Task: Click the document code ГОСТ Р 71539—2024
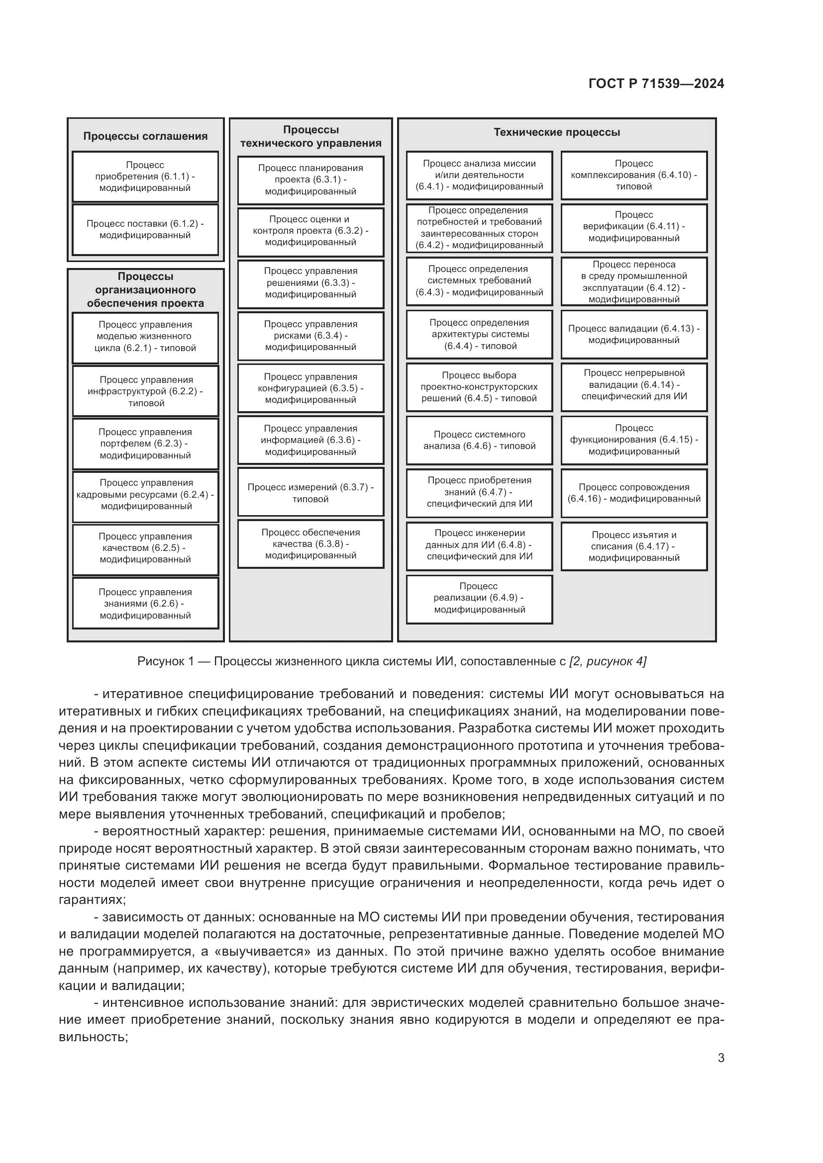coord(656,84)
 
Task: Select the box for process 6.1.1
coord(145,177)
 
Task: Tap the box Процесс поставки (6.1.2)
coord(145,229)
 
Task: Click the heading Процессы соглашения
coord(145,136)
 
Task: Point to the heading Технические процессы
coord(556,132)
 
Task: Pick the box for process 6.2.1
coord(145,337)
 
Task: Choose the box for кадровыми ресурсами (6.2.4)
coord(145,495)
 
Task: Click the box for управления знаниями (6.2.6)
coord(145,604)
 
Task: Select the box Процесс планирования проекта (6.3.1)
coord(310,180)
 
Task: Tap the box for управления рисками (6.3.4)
coord(310,336)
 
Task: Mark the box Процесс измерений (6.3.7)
coord(310,493)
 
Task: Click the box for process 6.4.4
coord(479,334)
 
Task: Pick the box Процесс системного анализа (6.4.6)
coord(479,440)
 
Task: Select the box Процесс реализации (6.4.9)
coord(479,598)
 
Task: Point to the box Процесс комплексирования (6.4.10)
coord(633,175)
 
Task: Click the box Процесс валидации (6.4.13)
coord(633,334)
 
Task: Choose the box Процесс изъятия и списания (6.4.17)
coord(633,546)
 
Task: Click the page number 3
coord(720,1058)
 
